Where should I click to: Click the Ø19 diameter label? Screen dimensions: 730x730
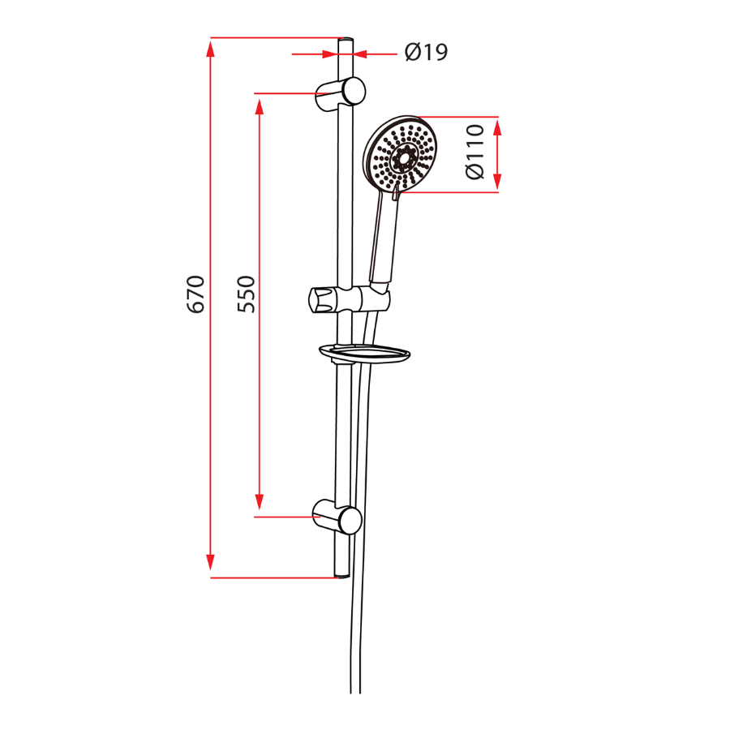426,53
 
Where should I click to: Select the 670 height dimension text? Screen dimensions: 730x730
195,294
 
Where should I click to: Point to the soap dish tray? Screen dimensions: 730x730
365,353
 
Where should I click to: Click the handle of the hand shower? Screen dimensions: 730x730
384,239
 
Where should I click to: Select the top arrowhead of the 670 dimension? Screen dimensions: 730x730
210,47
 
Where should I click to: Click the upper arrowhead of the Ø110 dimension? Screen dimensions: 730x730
497,127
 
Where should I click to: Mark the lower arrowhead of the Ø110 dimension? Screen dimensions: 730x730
497,182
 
